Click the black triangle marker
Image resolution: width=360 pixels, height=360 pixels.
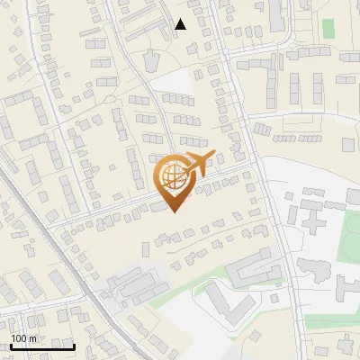(181, 24)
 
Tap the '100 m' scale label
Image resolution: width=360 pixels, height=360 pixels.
(23, 338)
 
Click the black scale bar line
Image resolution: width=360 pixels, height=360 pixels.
(42, 346)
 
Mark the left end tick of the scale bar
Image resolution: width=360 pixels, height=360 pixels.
(11, 345)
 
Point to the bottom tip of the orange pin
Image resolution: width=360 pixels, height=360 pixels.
(173, 212)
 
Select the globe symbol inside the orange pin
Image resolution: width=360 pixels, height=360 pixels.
(173, 180)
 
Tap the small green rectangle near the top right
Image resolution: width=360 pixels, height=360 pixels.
(328, 28)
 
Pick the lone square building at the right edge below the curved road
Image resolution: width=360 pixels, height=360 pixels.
(349, 144)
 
